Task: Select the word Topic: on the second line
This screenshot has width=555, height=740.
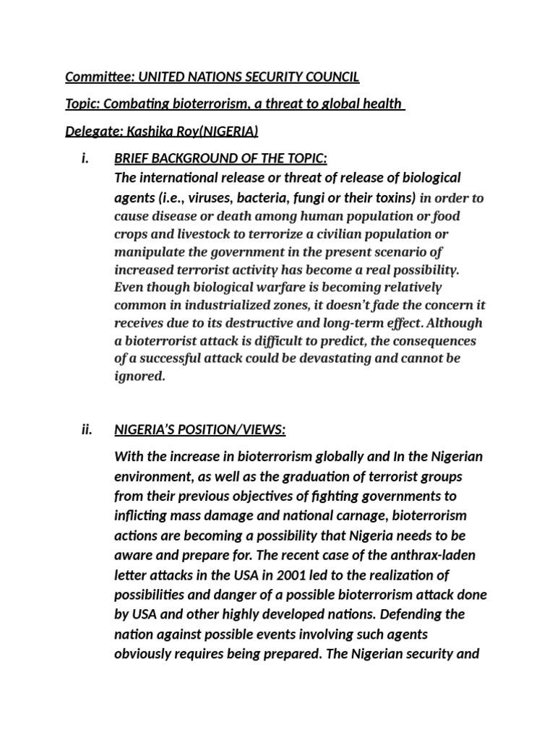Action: [82, 104]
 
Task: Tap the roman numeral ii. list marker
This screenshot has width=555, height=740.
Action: [87, 430]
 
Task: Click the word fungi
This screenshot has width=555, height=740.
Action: [313, 197]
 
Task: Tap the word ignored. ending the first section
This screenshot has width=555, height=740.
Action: [139, 376]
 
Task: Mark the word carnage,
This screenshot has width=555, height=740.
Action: [395, 517]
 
